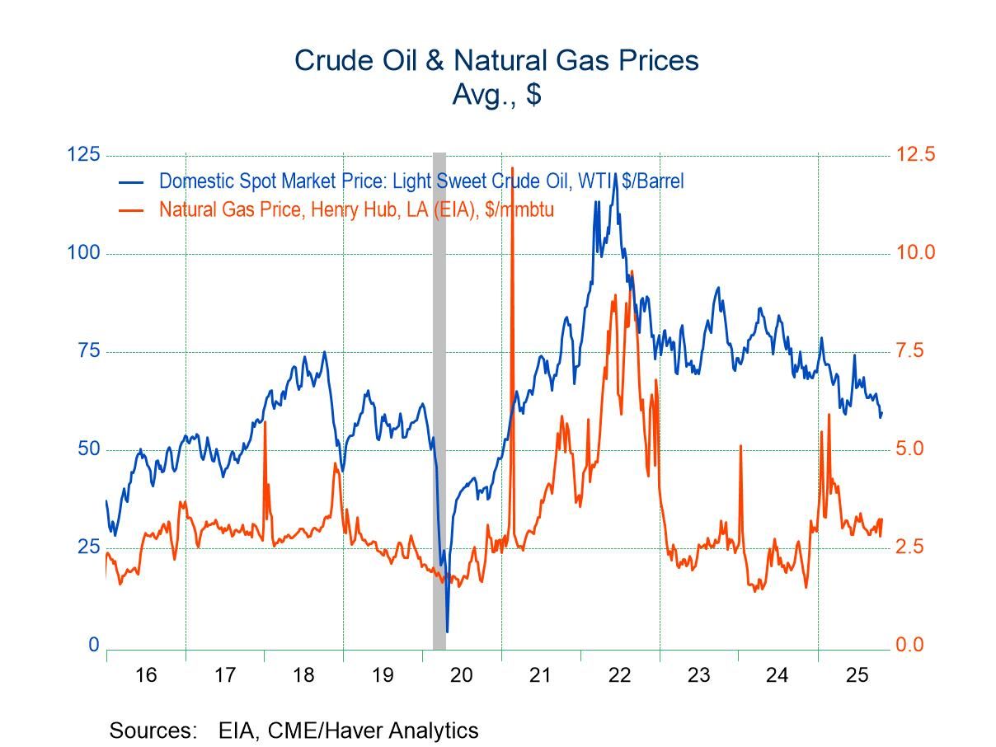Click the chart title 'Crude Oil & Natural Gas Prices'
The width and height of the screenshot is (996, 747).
496,60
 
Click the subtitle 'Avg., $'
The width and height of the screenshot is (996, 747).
496,94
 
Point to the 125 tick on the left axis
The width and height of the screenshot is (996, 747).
82,155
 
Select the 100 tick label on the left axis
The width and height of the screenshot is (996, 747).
82,253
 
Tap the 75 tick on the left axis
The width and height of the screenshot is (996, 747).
87,351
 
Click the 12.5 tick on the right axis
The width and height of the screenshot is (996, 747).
916,155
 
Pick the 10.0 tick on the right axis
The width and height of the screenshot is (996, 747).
916,253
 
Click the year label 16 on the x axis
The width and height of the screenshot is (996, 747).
146,675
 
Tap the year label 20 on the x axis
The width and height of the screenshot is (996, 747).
462,675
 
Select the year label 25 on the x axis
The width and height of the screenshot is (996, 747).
857,675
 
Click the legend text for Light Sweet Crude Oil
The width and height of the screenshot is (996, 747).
420,181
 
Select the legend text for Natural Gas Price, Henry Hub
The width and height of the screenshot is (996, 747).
356,209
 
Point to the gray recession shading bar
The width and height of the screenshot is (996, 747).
439,396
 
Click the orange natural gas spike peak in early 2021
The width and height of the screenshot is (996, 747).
512,167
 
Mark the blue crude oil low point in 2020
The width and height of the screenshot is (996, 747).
447,632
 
